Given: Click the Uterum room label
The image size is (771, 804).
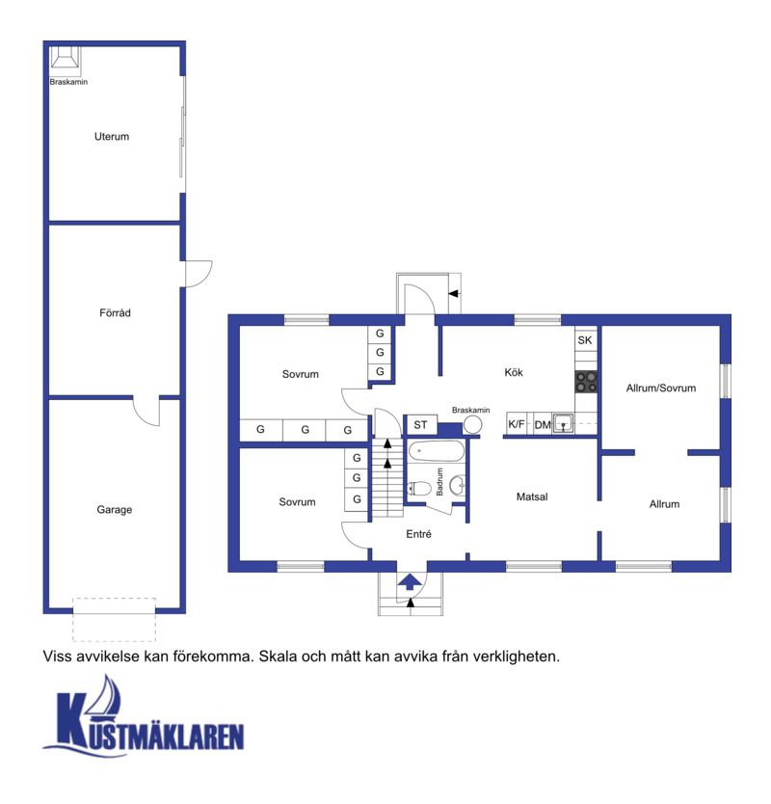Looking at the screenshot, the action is pyautogui.click(x=112, y=136).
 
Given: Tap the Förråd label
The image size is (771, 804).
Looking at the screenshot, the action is pyautogui.click(x=115, y=312).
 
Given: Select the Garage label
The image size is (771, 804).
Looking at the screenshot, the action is pyautogui.click(x=115, y=510).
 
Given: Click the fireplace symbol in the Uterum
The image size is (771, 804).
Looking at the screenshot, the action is pyautogui.click(x=66, y=58).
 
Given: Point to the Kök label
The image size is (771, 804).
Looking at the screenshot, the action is pyautogui.click(x=514, y=372).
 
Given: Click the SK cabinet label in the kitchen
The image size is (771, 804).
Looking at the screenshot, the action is pyautogui.click(x=585, y=340).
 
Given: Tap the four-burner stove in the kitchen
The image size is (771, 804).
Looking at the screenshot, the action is pyautogui.click(x=586, y=382).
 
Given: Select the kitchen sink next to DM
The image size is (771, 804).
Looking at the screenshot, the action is pyautogui.click(x=564, y=424).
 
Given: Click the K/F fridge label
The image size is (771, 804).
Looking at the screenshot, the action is pyautogui.click(x=517, y=424).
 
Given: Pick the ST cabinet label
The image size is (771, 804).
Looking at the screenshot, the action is pyautogui.click(x=420, y=424).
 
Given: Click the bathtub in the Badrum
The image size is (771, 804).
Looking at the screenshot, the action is pyautogui.click(x=437, y=451).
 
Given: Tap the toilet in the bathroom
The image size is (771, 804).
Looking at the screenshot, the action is pyautogui.click(x=419, y=488).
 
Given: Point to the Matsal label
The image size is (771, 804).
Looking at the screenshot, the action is pyautogui.click(x=532, y=496).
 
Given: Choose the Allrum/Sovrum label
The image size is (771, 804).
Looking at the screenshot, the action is pyautogui.click(x=661, y=389).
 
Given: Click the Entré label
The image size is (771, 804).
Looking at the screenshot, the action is pyautogui.click(x=419, y=534).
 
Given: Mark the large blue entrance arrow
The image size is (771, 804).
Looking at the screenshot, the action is pyautogui.click(x=410, y=582).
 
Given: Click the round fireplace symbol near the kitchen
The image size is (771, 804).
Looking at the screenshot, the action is pyautogui.click(x=472, y=424).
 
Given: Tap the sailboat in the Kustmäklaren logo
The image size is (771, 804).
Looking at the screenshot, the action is pyautogui.click(x=105, y=696).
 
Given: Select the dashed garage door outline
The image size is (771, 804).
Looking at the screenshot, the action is pyautogui.click(x=114, y=620).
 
